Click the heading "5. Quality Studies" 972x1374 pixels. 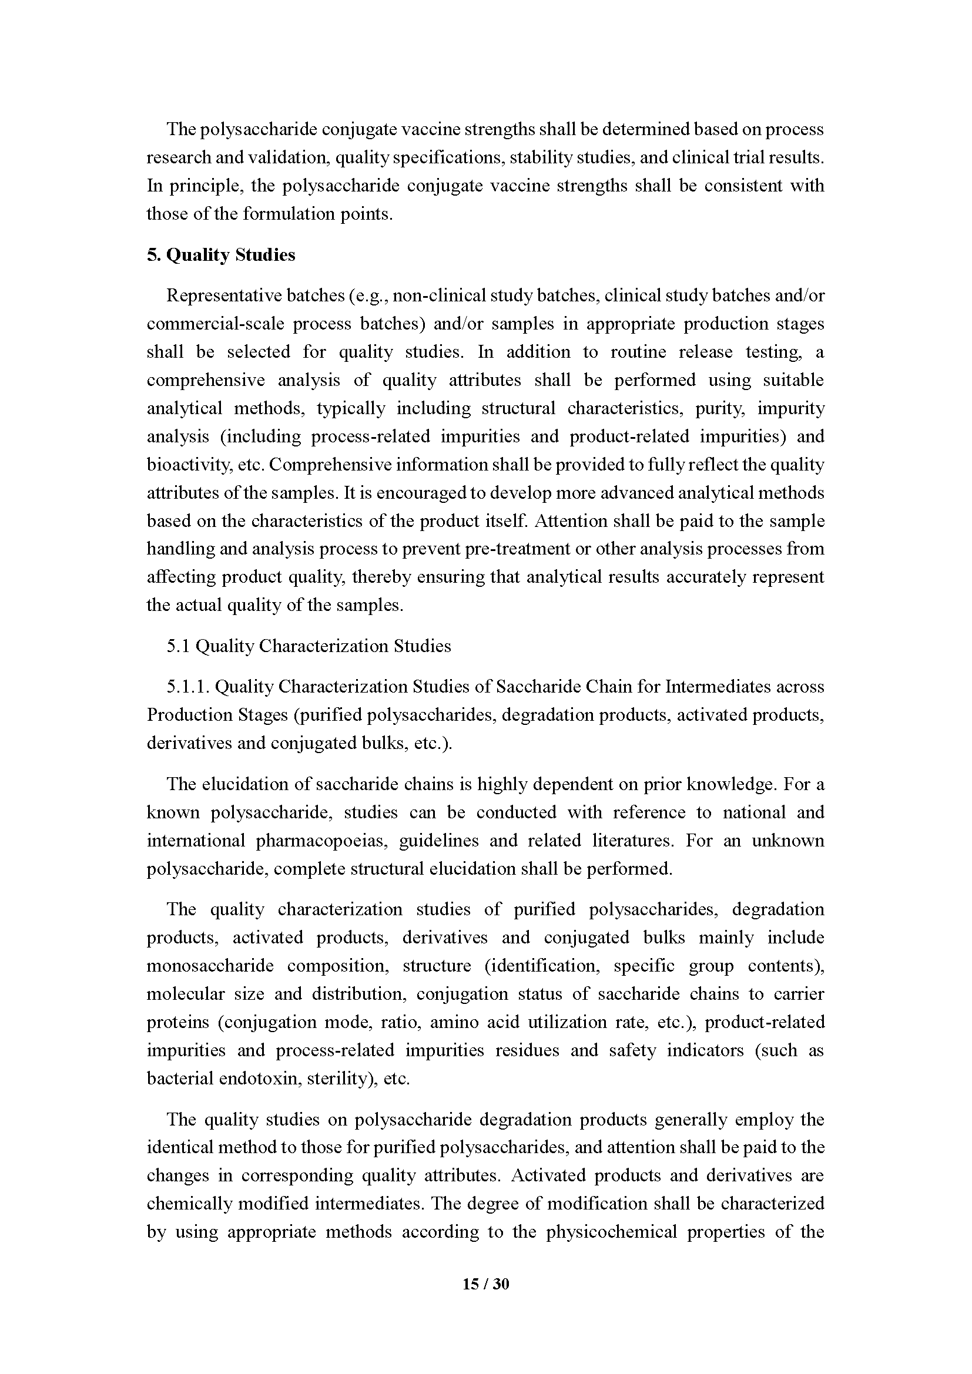pyautogui.click(x=221, y=255)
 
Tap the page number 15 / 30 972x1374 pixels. pyautogui.click(x=485, y=1284)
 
